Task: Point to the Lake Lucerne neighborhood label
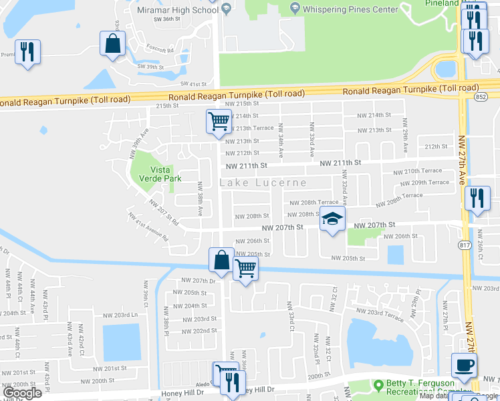(263, 182)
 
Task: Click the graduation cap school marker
(332, 218)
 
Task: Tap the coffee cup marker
(465, 365)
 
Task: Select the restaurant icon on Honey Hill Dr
(231, 382)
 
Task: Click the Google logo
(21, 394)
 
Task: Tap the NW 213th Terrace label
(250, 128)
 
